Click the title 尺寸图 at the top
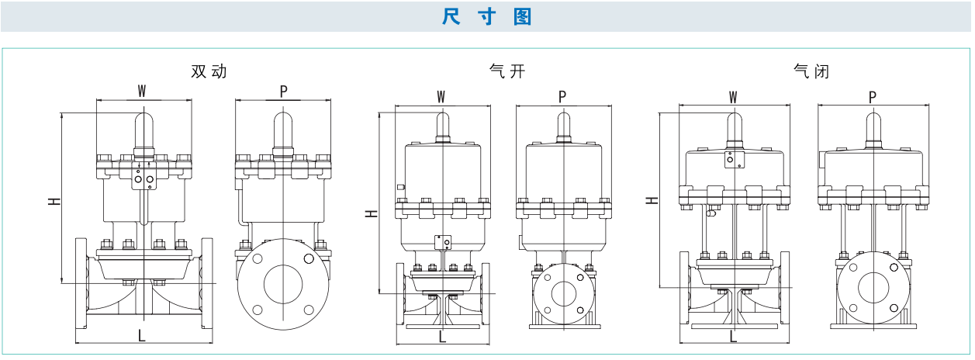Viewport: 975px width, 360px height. coord(487,16)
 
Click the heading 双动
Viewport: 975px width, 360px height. coord(209,71)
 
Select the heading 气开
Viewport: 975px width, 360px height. coord(507,72)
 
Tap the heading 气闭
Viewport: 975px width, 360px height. coord(811,72)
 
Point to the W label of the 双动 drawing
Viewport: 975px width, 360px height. coord(142,91)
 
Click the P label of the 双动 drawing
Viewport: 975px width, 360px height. coord(284,91)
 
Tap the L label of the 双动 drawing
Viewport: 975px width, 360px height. coord(141,335)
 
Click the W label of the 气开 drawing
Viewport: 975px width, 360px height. coord(441,96)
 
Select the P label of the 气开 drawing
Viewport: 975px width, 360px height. coord(562,96)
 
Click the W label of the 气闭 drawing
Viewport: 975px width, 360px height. coord(733,97)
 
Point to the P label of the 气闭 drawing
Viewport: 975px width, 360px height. coord(873,97)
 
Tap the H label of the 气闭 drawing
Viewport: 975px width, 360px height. coord(652,200)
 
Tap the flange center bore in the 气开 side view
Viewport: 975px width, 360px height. coord(563,294)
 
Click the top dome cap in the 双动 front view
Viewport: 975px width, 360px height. coord(143,126)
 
